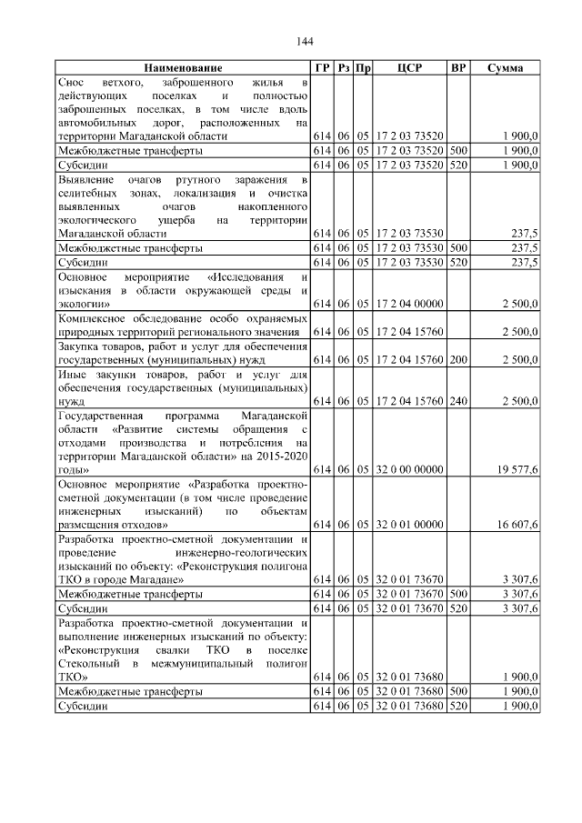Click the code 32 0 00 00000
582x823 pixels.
click(x=409, y=469)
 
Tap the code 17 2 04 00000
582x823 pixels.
click(x=409, y=302)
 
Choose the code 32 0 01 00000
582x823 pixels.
click(x=409, y=525)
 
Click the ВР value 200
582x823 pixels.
click(x=458, y=359)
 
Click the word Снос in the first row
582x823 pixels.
click(x=72, y=83)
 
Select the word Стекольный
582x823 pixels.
click(x=88, y=664)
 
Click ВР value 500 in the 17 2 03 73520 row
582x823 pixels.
click(x=458, y=149)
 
